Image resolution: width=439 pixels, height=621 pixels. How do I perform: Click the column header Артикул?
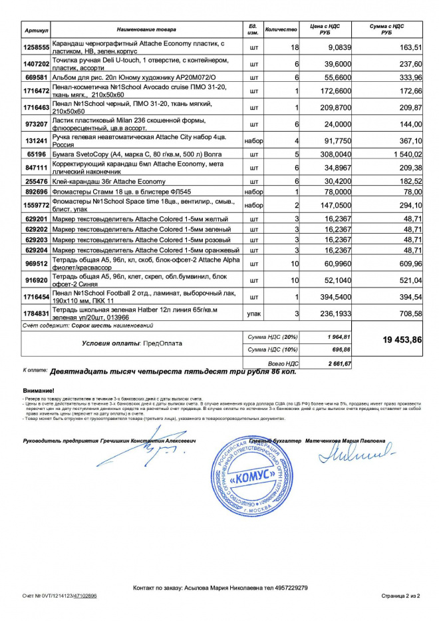click(x=37, y=30)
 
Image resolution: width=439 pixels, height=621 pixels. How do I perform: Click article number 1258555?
click(x=37, y=48)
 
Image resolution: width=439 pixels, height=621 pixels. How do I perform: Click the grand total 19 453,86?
click(x=402, y=339)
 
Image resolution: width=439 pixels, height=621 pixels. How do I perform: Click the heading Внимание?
click(x=39, y=390)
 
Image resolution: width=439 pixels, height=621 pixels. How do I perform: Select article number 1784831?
click(x=37, y=313)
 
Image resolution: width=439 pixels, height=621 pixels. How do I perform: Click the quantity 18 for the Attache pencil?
click(x=294, y=48)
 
